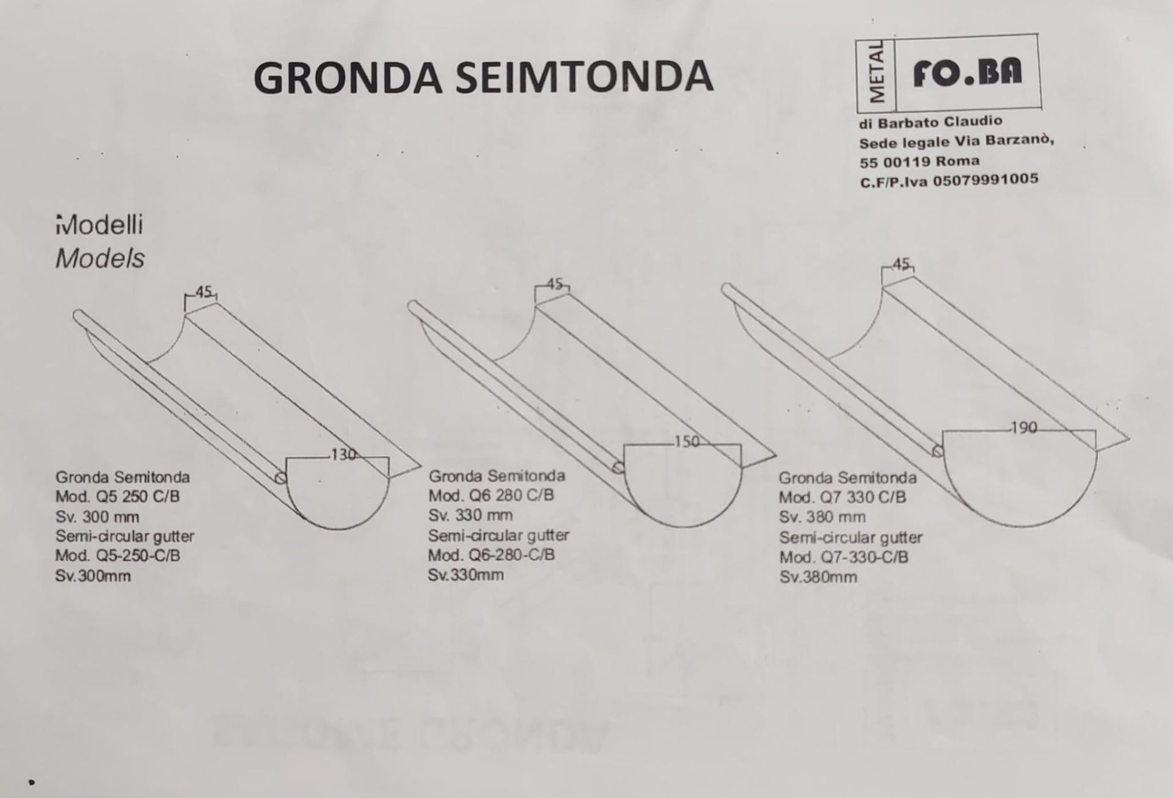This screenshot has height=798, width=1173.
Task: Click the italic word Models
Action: click(x=100, y=259)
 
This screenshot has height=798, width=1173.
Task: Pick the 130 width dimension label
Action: click(x=343, y=454)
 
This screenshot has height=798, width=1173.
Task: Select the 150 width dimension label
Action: click(x=687, y=441)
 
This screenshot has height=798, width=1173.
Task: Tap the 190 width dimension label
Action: click(x=1024, y=428)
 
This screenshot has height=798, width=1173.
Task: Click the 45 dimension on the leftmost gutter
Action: click(x=204, y=292)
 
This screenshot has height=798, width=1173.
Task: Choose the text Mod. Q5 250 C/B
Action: click(x=118, y=496)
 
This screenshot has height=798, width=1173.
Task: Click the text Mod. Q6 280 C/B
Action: click(x=491, y=495)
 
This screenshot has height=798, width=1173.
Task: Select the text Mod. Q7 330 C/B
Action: click(x=842, y=497)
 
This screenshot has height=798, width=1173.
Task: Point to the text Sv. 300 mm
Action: click(x=97, y=517)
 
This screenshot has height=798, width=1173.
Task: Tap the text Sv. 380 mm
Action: click(x=822, y=517)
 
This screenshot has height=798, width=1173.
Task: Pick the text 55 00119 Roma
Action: click(x=919, y=162)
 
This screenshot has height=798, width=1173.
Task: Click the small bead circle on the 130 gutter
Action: click(x=281, y=477)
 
